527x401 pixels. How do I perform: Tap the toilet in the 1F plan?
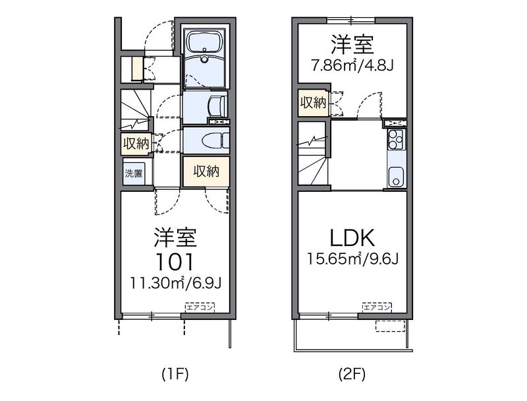tap(218, 140)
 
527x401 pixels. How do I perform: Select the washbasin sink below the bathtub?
tap(217, 106)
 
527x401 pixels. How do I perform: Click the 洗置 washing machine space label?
tap(134, 173)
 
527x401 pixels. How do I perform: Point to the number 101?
tap(175, 262)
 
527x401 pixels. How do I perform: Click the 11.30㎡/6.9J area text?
tap(175, 284)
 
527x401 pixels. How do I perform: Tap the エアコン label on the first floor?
tap(200, 307)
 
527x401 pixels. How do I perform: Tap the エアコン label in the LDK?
tap(376, 307)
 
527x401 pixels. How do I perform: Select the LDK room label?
tap(352, 238)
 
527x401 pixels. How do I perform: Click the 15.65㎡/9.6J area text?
tap(352, 259)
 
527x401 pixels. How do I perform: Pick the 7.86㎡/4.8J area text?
tap(352, 65)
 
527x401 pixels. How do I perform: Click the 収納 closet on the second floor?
tap(314, 103)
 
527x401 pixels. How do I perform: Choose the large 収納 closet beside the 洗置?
tap(206, 171)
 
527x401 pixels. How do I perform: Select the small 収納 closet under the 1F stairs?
tap(136, 144)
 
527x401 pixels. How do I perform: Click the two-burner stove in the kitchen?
tap(396, 139)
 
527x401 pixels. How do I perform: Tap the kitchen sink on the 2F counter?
tap(396, 177)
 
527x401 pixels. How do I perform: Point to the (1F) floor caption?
tap(175, 374)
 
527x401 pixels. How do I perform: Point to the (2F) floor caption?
tap(352, 374)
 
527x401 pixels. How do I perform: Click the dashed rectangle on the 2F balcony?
tap(390, 326)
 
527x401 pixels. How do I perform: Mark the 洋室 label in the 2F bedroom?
tap(352, 45)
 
